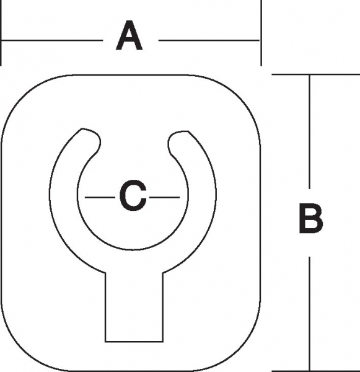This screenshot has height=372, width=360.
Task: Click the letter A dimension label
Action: [130, 35]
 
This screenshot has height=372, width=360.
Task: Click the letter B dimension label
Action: [310, 218]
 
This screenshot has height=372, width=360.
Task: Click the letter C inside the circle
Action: [133, 195]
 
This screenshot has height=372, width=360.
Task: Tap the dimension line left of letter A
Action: [52, 40]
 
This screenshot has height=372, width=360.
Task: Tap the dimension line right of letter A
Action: [209, 40]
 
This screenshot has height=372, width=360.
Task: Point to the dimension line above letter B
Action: [309, 131]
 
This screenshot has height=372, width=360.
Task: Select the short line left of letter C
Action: [100, 197]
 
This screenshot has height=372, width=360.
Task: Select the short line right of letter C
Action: [164, 197]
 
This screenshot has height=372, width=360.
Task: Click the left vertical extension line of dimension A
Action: [1, 33]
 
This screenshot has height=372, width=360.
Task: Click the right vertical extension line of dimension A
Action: [261, 33]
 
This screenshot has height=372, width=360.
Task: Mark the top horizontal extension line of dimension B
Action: [316, 74]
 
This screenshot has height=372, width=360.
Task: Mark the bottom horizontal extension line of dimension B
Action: [316, 371]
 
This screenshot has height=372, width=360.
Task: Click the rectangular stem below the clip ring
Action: [134, 308]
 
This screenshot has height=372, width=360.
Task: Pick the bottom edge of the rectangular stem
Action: [134, 342]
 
